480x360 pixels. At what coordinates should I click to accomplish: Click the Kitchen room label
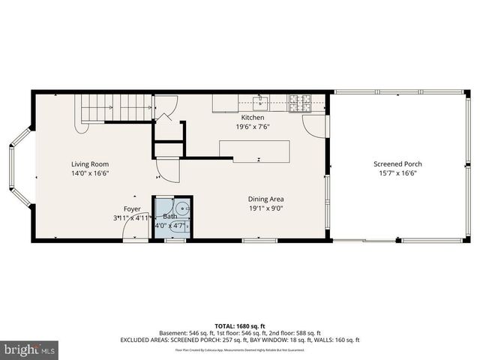click(252, 118)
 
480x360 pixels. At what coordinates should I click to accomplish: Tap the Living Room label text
click(90, 164)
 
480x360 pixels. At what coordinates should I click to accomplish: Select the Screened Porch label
click(397, 164)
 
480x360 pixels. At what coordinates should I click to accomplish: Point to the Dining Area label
click(265, 199)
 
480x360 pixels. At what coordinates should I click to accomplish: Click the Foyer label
click(132, 208)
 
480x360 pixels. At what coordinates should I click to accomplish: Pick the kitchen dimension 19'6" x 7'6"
click(252, 127)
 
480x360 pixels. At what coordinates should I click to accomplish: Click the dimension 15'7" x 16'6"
click(397, 173)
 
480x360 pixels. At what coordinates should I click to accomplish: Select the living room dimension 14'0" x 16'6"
click(90, 173)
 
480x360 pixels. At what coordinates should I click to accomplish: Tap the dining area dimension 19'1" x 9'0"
click(265, 208)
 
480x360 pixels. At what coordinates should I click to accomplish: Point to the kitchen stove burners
click(300, 99)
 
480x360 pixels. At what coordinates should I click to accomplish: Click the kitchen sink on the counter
click(261, 99)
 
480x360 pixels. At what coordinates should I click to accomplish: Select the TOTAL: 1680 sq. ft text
click(240, 325)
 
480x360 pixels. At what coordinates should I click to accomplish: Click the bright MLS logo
click(29, 349)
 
